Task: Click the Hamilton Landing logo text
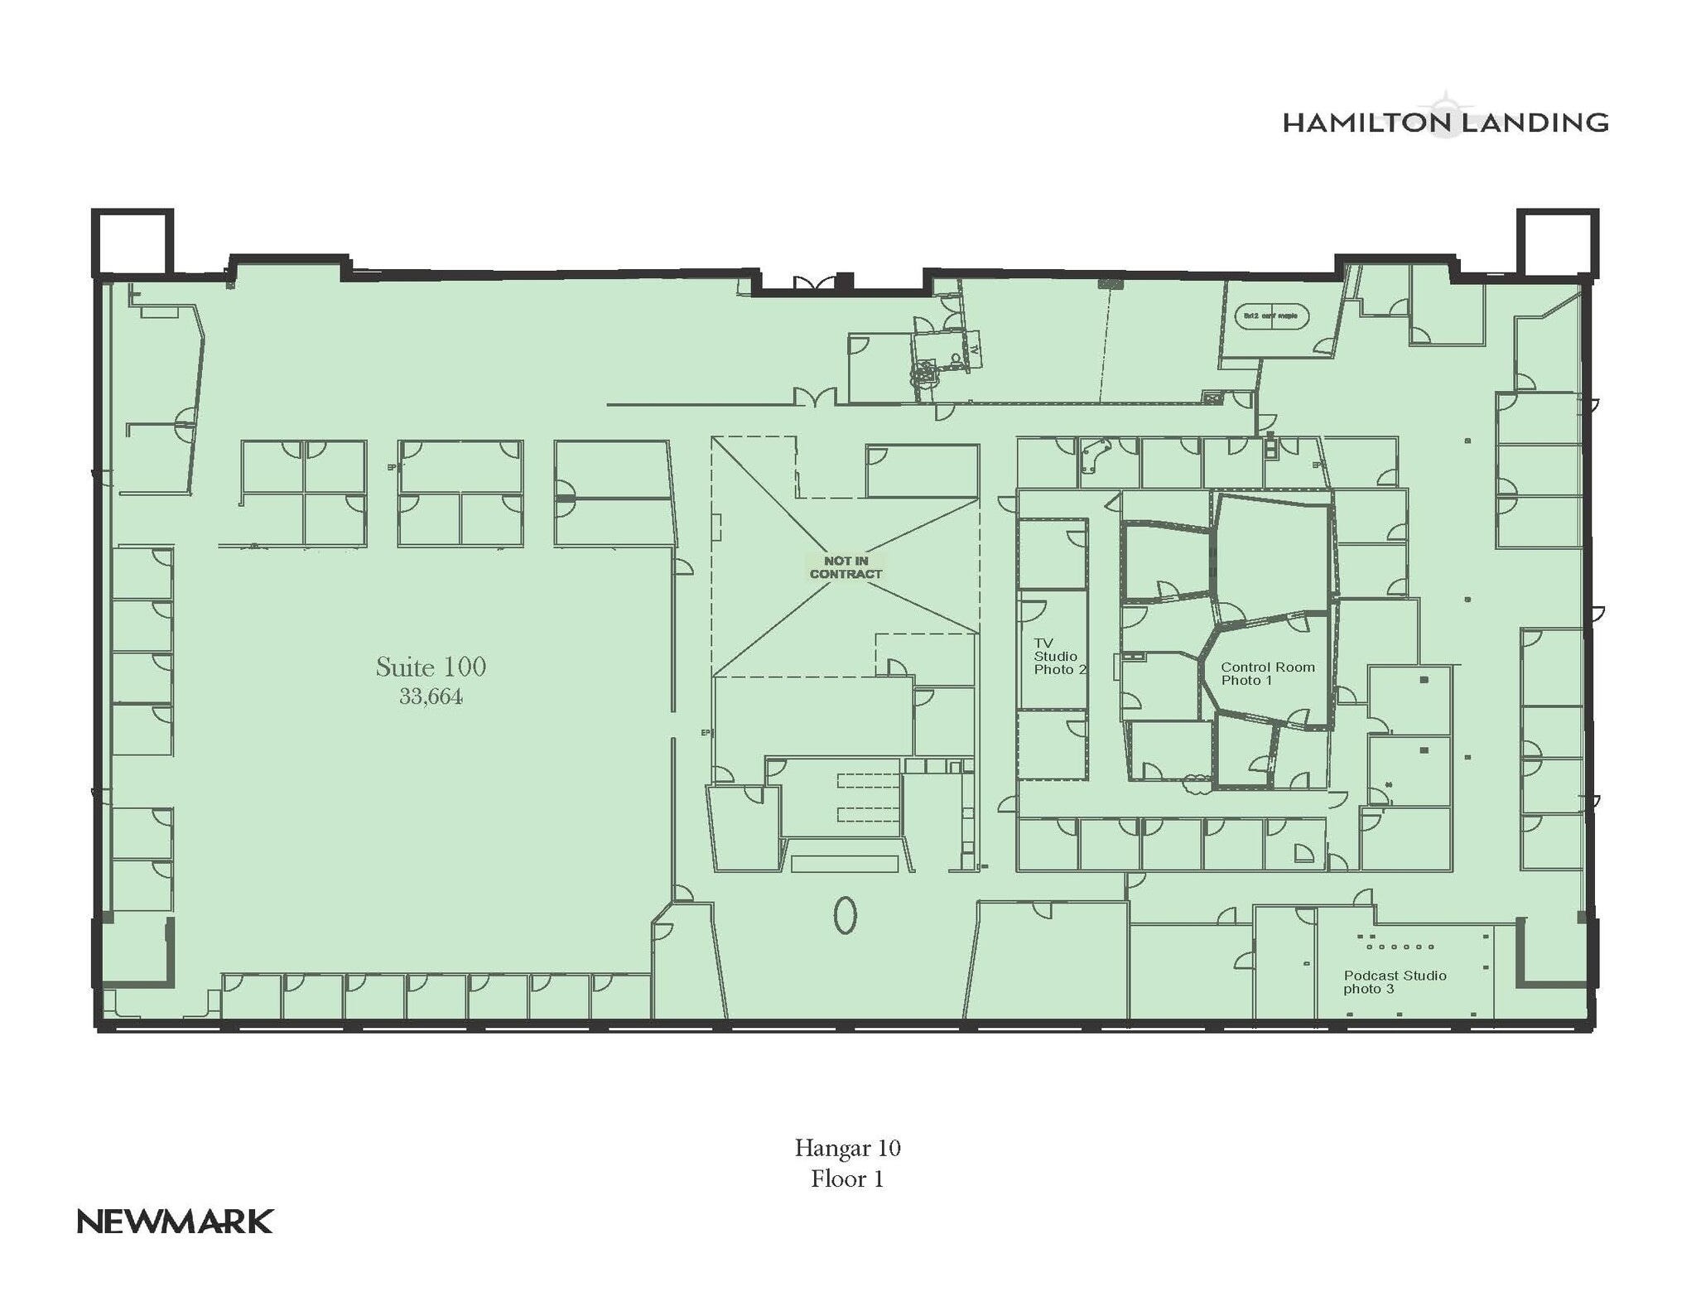1445,123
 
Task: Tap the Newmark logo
175,1222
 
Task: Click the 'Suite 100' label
431,667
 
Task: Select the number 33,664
431,696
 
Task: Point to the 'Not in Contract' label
846,567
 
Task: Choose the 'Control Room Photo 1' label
1267,673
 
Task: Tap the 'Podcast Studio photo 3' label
1395,982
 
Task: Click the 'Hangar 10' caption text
847,1148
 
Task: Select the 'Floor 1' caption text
847,1178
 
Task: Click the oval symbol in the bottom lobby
845,915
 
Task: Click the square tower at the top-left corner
132,241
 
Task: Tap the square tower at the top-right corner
1557,241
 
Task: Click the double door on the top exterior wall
814,283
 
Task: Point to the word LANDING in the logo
1532,123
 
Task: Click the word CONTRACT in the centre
846,574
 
